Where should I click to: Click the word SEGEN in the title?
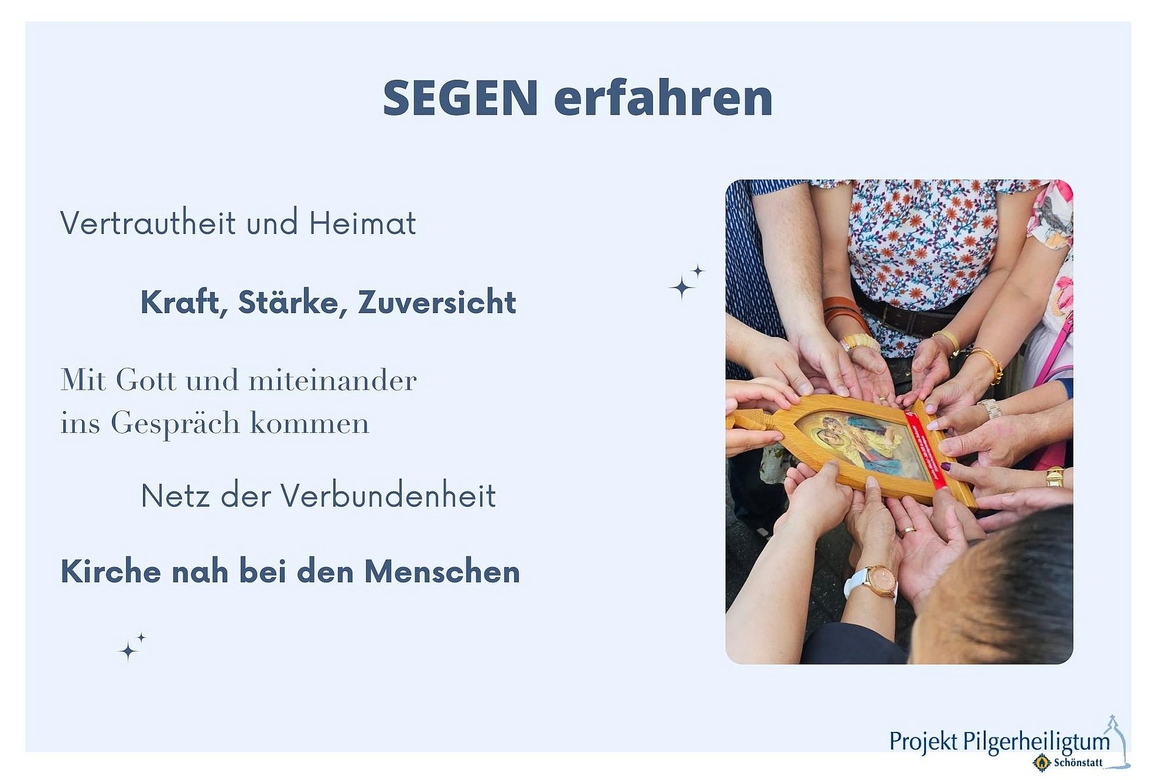[x=460, y=97]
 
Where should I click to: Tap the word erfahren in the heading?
[x=663, y=97]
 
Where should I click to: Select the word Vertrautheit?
[x=148, y=223]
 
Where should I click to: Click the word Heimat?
[x=363, y=223]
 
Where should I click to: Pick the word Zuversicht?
[x=437, y=302]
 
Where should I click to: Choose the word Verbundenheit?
[x=388, y=496]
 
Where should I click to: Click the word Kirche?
[x=111, y=572]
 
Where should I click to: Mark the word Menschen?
[x=442, y=572]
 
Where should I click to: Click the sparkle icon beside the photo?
[x=686, y=282]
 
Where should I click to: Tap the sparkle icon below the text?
[x=131, y=647]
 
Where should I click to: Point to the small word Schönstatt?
[x=1078, y=762]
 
